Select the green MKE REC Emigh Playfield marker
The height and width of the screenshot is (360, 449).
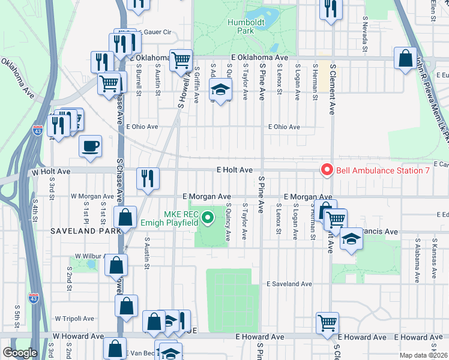[208, 217]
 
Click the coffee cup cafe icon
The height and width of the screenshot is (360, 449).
[90, 146]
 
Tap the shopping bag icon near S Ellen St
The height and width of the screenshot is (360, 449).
[406, 59]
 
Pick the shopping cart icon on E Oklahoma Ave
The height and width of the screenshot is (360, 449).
[181, 60]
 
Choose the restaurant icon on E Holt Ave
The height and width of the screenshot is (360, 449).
[147, 178]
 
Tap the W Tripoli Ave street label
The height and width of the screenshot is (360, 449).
[74, 319]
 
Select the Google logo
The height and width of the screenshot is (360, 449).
[20, 353]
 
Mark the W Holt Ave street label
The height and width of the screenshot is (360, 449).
[51, 172]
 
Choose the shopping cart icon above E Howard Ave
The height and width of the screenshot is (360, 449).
[328, 323]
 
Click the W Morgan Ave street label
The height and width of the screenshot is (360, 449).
[92, 196]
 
